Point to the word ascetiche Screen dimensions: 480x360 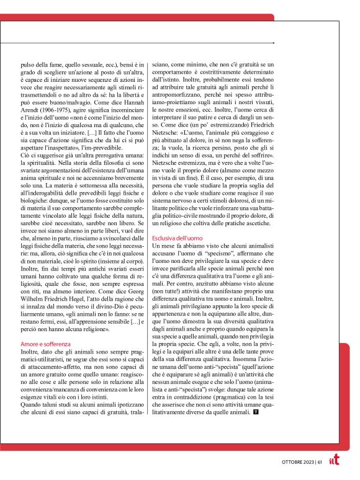258,221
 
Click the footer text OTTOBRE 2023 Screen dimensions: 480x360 294,461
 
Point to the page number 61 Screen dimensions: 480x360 319,461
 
